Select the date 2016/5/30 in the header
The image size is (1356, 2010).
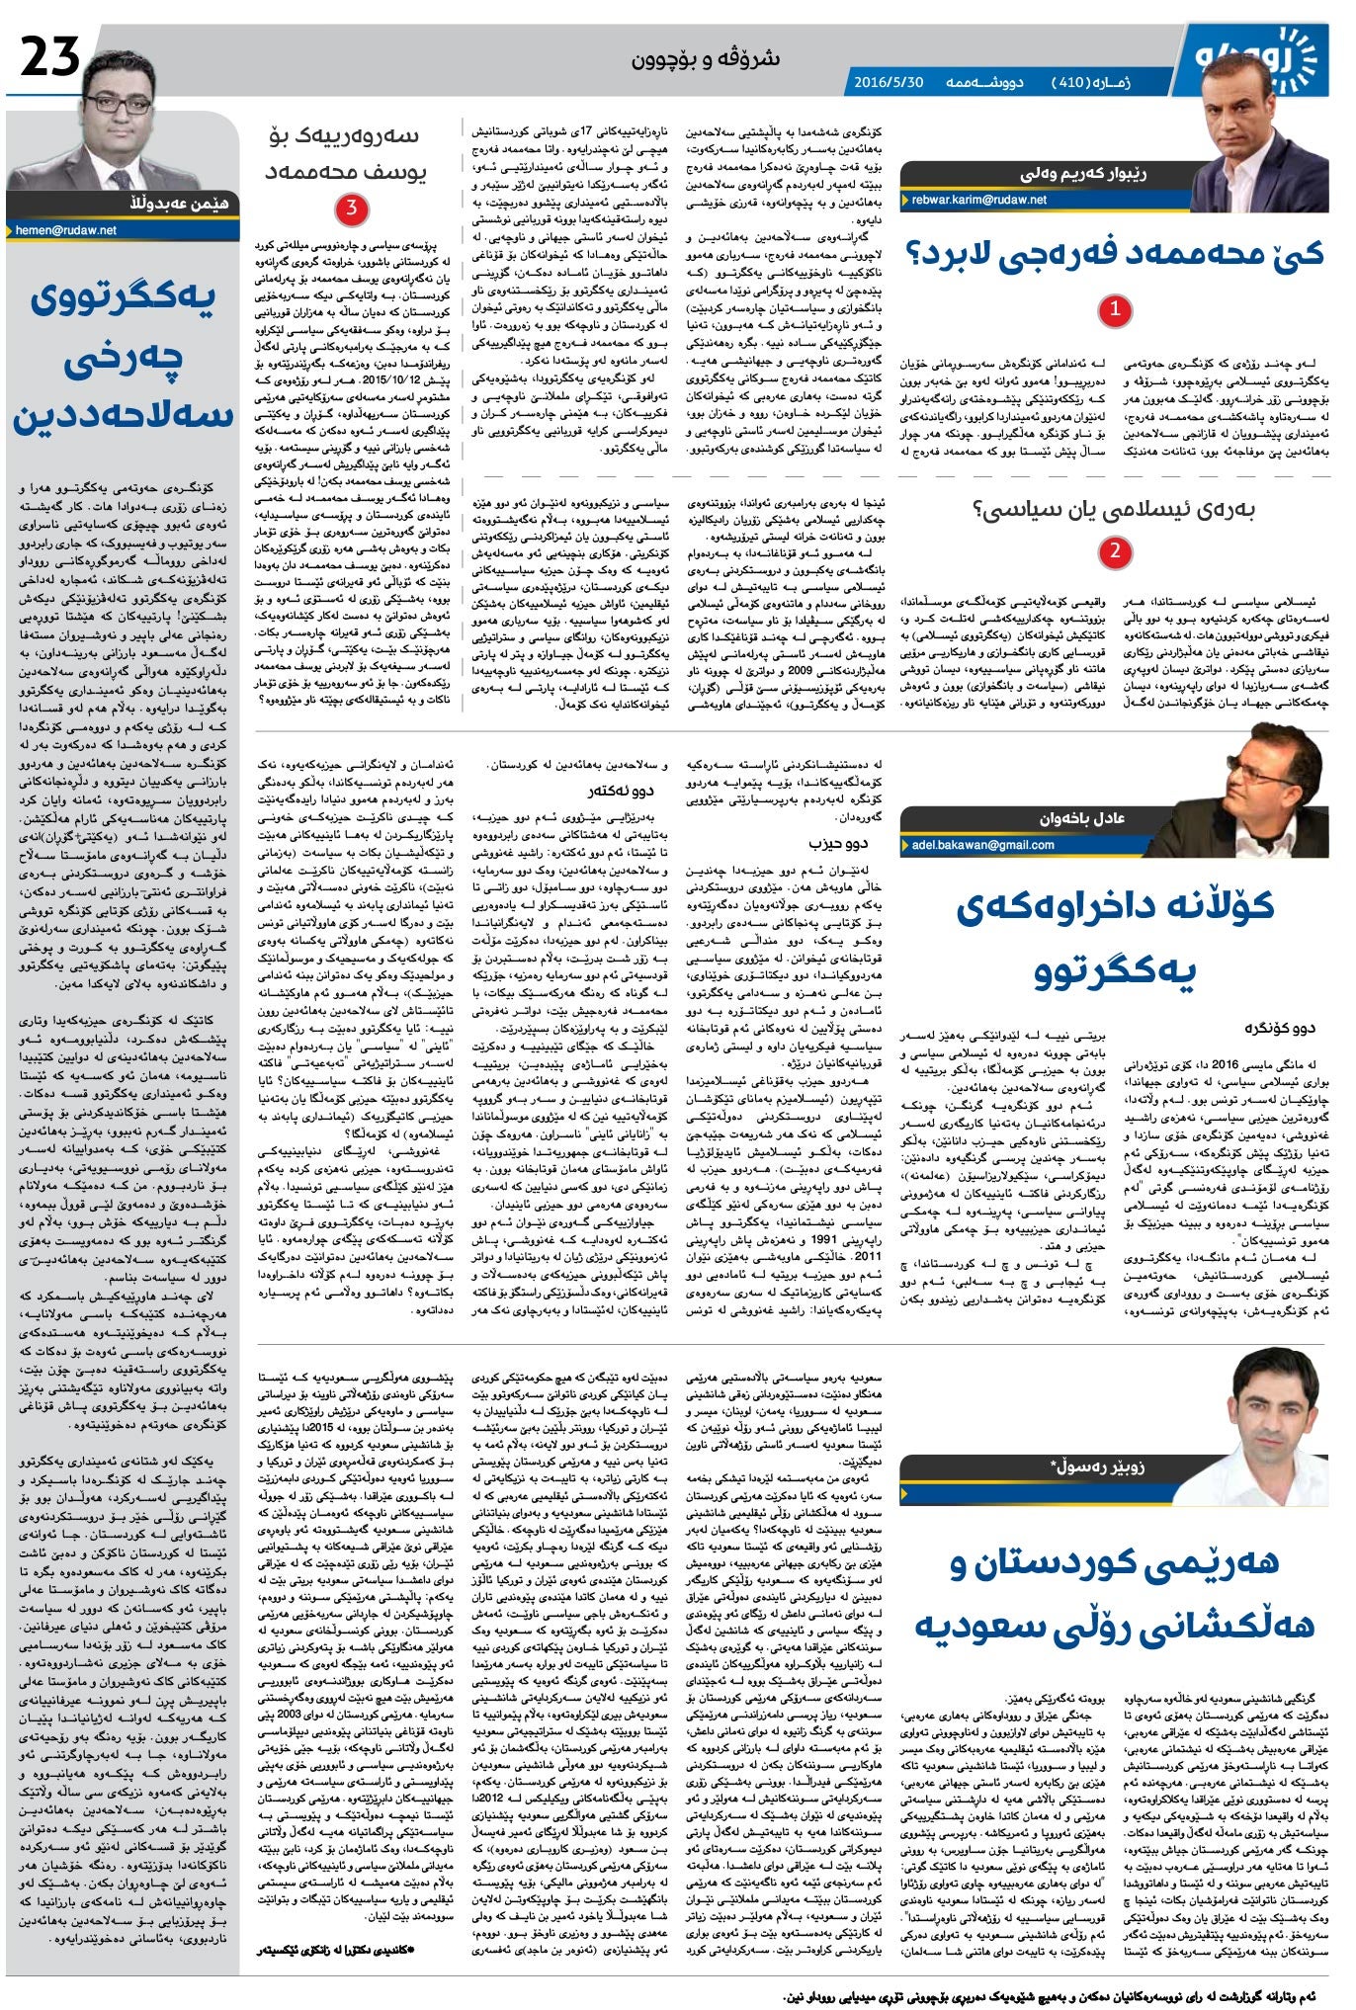[x=888, y=82]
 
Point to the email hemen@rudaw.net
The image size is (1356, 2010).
[x=66, y=229]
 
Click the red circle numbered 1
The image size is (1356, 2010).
[x=1114, y=309]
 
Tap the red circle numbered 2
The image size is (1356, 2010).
[x=1114, y=551]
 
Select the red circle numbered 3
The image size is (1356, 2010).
[x=352, y=209]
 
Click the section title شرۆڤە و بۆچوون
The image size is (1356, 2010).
[x=705, y=58]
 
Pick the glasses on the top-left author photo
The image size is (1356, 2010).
[x=118, y=103]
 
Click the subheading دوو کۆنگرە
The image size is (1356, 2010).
[x=1280, y=1029]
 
